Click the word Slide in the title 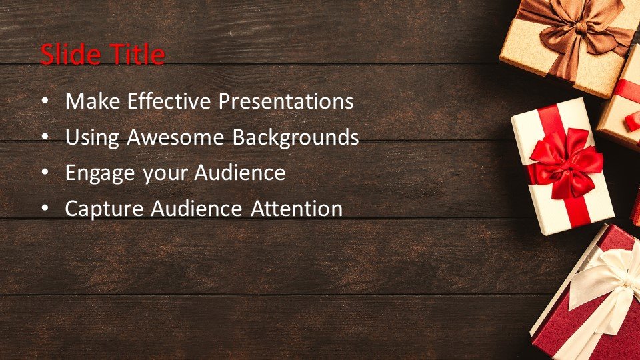click(70, 54)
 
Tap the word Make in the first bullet click(93, 101)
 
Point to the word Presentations click(286, 101)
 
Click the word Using click(92, 137)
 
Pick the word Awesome click(175, 137)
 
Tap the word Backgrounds click(295, 137)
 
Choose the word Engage click(101, 173)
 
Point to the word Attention click(297, 209)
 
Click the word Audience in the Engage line click(239, 172)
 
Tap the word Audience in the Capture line click(196, 209)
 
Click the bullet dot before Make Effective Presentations click(45, 101)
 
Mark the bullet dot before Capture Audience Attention click(45, 209)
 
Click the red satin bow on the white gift click(565, 163)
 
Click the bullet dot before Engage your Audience click(45, 173)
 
